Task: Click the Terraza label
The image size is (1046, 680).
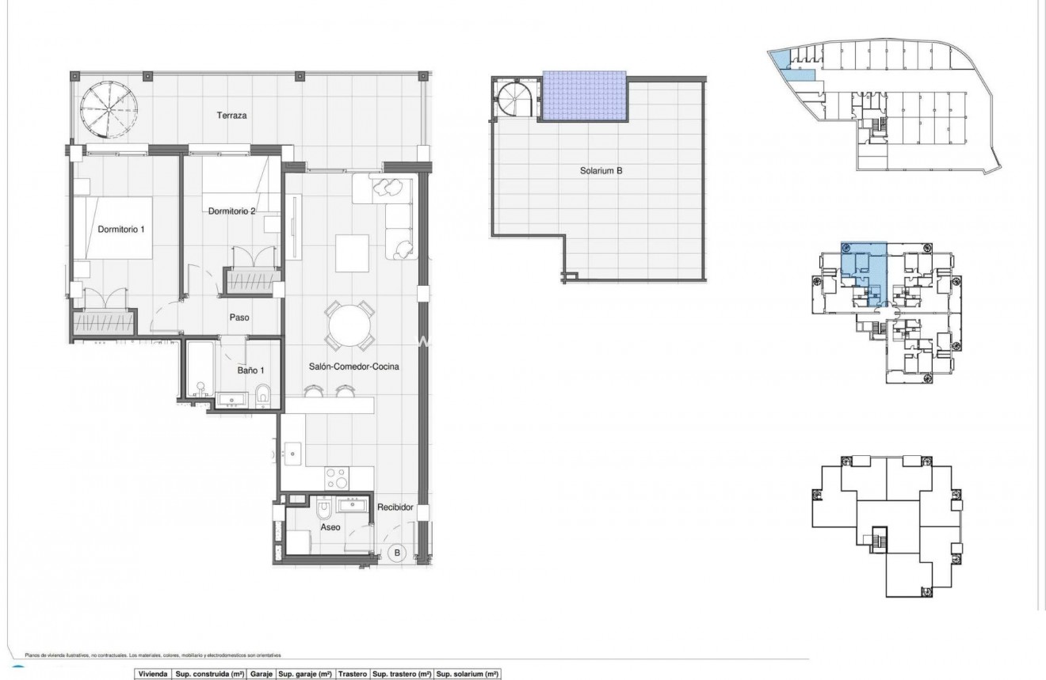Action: click(x=232, y=116)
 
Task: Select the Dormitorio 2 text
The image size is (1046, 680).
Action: click(x=231, y=211)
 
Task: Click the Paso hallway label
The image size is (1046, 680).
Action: click(x=239, y=317)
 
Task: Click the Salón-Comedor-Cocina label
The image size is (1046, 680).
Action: click(x=353, y=367)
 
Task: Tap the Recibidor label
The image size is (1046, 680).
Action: click(x=395, y=507)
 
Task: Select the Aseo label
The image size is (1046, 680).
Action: click(x=330, y=526)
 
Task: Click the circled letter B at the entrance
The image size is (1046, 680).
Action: click(x=399, y=553)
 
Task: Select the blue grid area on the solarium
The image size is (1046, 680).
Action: click(x=584, y=96)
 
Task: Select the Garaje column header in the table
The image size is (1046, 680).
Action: click(x=261, y=674)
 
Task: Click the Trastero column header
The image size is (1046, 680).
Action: click(x=353, y=674)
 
